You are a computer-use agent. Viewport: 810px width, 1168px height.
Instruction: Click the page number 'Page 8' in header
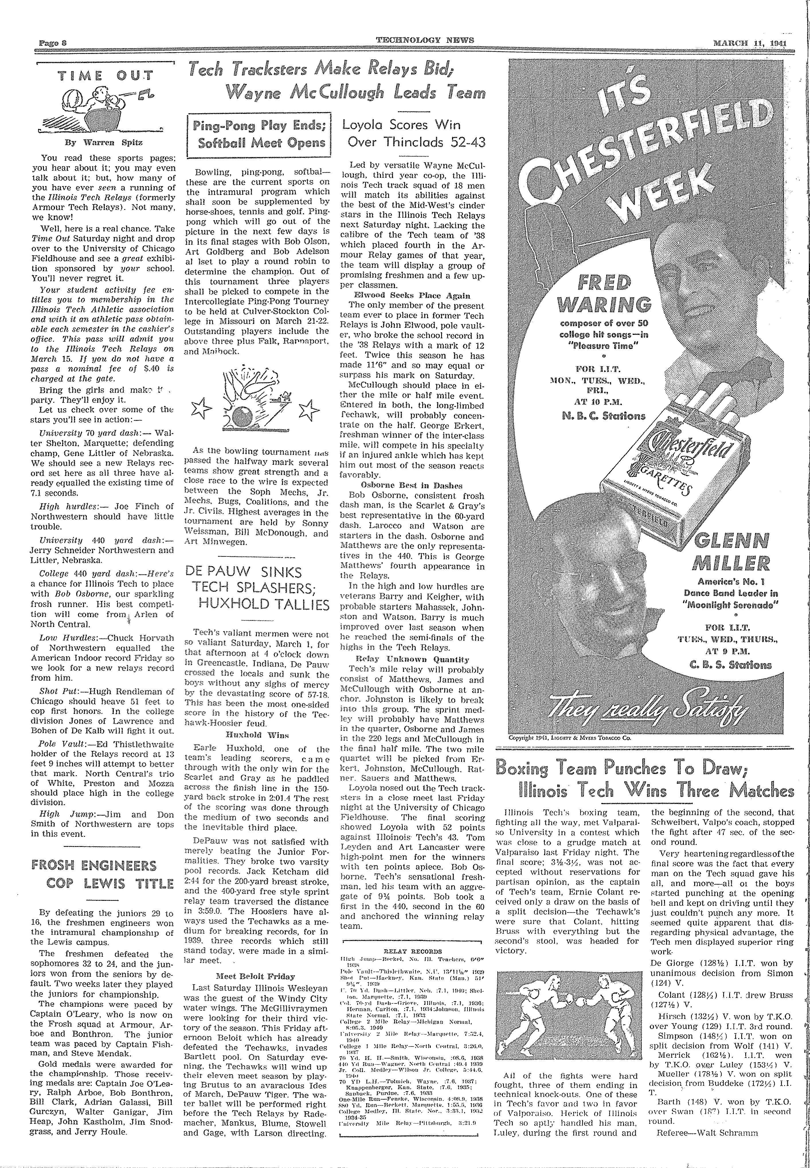(54, 41)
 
